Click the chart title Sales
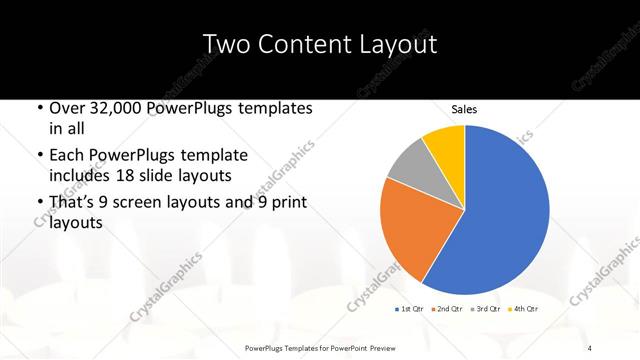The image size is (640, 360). pyautogui.click(x=464, y=108)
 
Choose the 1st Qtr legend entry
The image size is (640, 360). pyautogui.click(x=411, y=310)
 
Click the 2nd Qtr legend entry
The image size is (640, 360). pyautogui.click(x=447, y=310)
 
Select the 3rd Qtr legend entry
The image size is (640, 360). pyautogui.click(x=487, y=310)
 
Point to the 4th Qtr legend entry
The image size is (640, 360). pyautogui.click(x=524, y=310)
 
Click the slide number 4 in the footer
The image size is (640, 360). pyautogui.click(x=589, y=347)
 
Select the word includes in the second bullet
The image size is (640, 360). pyautogui.click(x=84, y=177)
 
